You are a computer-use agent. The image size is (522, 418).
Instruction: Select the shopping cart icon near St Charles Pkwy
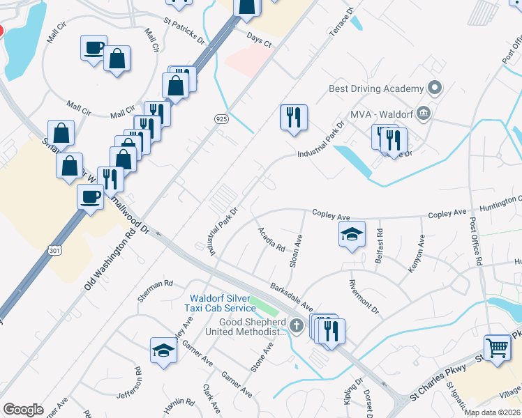tap(497, 346)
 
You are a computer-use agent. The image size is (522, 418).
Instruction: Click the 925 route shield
tap(218, 120)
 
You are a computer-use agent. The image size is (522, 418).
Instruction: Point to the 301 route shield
tap(56, 249)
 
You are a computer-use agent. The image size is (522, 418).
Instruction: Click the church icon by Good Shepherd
tap(297, 324)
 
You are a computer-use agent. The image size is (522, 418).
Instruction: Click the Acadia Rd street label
tap(271, 239)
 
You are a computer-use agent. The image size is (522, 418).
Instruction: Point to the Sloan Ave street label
tap(297, 251)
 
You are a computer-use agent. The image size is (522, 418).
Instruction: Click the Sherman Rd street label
tap(155, 284)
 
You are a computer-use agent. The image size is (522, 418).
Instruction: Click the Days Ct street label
tap(258, 42)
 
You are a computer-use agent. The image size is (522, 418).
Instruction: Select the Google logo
tap(24, 409)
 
